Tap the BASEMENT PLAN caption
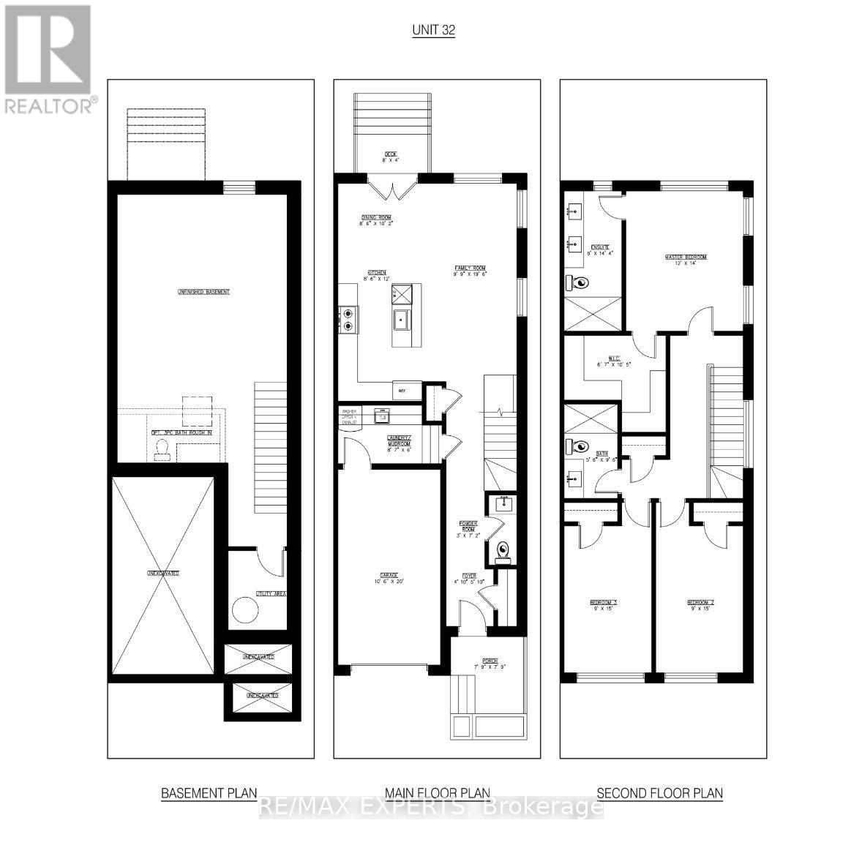209,793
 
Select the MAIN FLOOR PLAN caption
438,793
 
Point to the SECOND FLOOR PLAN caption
659,793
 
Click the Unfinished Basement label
203,292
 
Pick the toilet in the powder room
503,549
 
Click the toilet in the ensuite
581,283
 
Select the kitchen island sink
402,320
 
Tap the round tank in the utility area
244,610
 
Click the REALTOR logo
48,59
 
